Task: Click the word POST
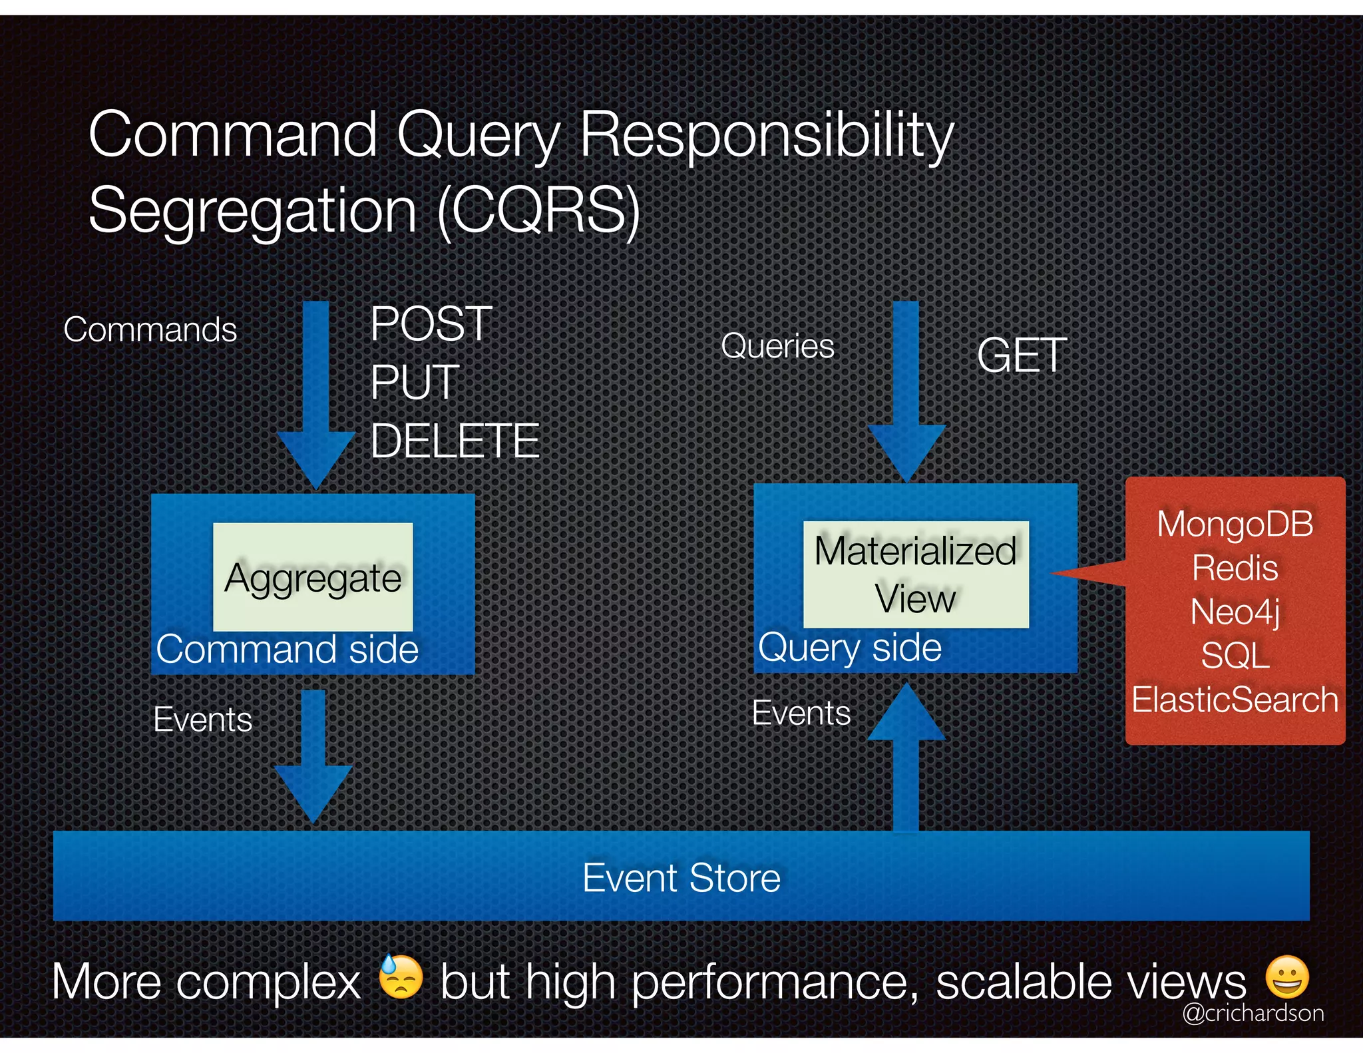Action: pos(431,324)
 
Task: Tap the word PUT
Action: pos(415,383)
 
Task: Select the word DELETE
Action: pos(455,441)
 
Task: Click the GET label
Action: pos(1022,355)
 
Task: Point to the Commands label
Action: pos(150,329)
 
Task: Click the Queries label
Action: pos(777,346)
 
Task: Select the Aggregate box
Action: pos(313,577)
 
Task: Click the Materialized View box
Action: pos(916,574)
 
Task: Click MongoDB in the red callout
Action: pos(1235,524)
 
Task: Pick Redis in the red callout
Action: pos(1235,568)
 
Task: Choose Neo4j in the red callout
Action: pos(1235,612)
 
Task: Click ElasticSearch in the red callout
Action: pos(1235,700)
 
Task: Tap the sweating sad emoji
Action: pos(401,976)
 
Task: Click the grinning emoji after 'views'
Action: pos(1287,976)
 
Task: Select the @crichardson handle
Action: pos(1253,1013)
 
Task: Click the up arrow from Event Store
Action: pos(906,759)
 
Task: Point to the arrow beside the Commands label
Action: pos(316,393)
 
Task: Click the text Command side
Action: pos(287,649)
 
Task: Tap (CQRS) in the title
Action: pos(538,210)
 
